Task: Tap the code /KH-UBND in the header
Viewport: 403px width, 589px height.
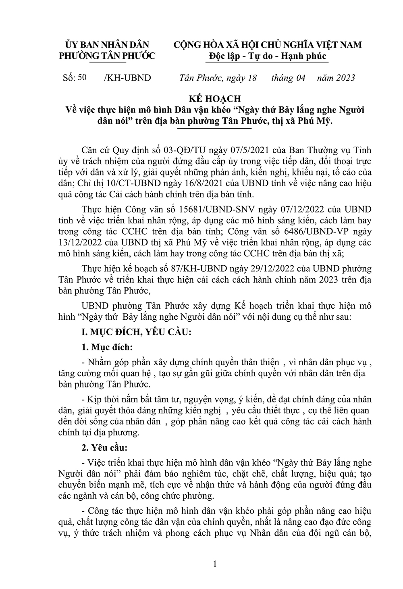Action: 127,78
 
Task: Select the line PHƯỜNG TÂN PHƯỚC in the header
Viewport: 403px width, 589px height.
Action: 107,56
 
